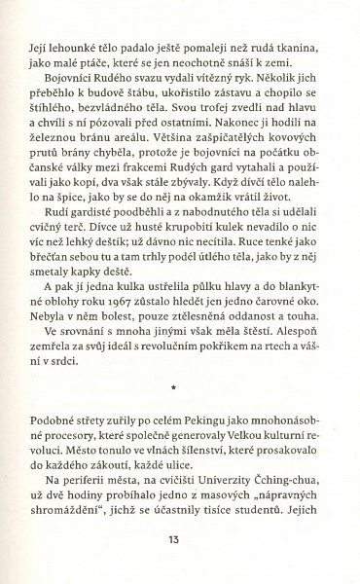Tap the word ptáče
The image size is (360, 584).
click(x=95, y=61)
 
